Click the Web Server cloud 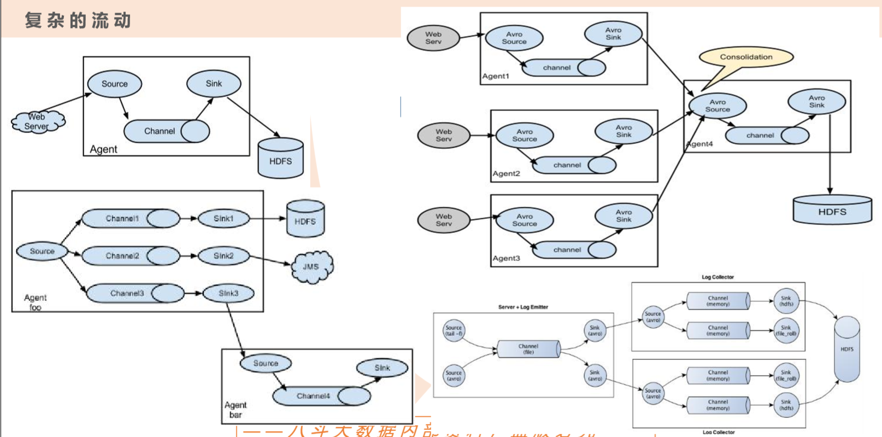[x=37, y=121]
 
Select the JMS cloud [x=311, y=267]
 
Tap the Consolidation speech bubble [x=746, y=57]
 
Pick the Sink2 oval [x=224, y=256]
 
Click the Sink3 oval [x=228, y=294]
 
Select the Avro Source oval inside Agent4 [x=718, y=106]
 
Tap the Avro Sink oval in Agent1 [x=613, y=34]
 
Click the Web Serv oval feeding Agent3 [x=444, y=220]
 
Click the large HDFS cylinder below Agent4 [x=832, y=211]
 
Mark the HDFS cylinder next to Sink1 [x=305, y=220]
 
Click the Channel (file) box [x=528, y=349]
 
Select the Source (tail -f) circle [x=454, y=330]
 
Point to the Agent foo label [x=35, y=302]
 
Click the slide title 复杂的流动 [x=78, y=21]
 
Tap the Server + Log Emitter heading [x=523, y=307]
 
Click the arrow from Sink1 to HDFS [x=268, y=219]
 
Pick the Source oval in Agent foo [x=42, y=252]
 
